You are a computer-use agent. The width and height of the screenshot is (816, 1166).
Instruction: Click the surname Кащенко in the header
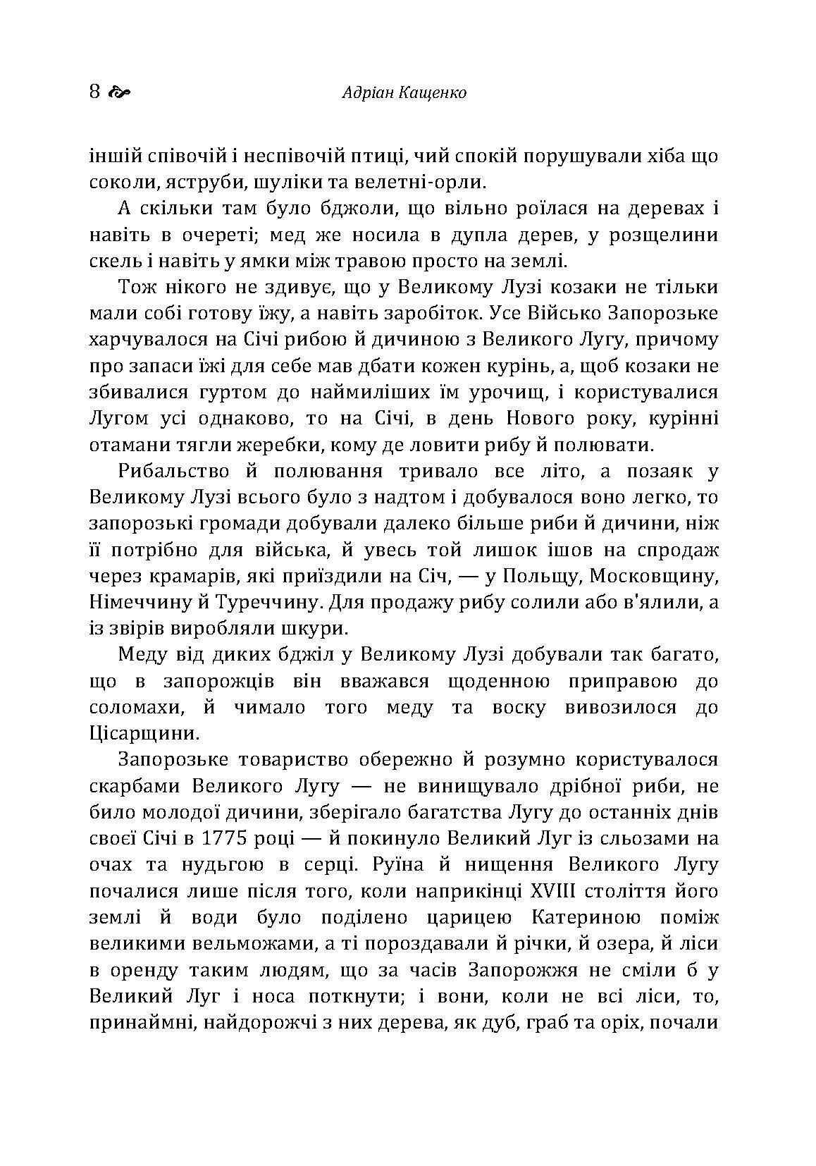(432, 92)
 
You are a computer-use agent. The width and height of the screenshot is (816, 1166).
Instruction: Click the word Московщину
(653, 576)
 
